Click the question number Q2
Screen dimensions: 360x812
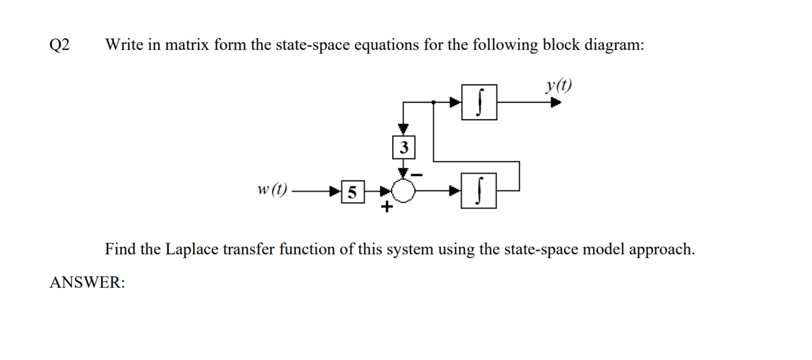coord(60,45)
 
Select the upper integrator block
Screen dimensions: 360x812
coord(479,102)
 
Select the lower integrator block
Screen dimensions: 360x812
coord(478,191)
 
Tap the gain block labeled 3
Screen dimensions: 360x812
coord(403,148)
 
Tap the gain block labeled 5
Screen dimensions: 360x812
coord(352,192)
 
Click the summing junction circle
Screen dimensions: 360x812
coord(403,191)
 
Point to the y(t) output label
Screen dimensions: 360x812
coord(558,85)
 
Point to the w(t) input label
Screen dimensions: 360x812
coord(272,190)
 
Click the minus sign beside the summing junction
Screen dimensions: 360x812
coord(418,176)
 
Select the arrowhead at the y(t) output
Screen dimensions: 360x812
coord(555,102)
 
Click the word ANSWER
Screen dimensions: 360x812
coord(87,282)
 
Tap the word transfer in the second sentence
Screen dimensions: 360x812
coord(245,250)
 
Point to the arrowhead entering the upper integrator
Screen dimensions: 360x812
coord(455,102)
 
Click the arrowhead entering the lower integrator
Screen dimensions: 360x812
coord(455,191)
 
